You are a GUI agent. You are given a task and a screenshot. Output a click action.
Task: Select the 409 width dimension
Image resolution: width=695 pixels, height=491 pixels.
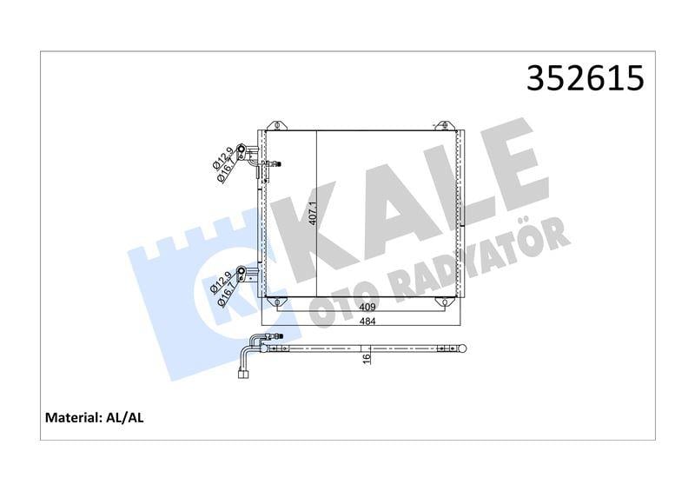click(x=367, y=307)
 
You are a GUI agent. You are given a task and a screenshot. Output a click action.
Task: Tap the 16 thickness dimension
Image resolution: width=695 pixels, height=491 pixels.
click(x=367, y=355)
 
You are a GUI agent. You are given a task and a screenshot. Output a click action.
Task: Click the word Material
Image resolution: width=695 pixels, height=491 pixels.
click(x=72, y=419)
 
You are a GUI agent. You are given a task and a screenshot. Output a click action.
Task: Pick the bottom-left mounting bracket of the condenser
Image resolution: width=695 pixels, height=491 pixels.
click(x=275, y=302)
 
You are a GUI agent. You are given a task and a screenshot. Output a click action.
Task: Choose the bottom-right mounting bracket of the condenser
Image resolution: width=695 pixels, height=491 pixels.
click(x=444, y=302)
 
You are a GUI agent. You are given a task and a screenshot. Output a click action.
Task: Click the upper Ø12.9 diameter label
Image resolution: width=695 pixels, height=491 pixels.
click(x=221, y=157)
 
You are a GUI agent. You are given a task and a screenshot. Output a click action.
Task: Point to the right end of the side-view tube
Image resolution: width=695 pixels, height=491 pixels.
click(x=467, y=348)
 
